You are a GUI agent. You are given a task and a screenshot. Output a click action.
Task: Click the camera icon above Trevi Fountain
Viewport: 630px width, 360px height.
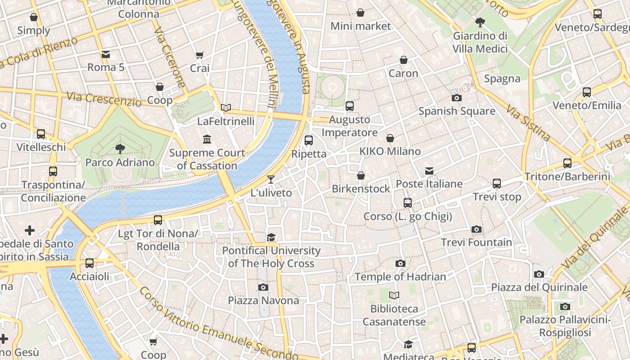[477, 229]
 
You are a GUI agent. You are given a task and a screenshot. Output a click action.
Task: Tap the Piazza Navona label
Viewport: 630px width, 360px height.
[263, 300]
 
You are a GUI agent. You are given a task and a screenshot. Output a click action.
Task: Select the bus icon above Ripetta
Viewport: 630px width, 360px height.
[309, 140]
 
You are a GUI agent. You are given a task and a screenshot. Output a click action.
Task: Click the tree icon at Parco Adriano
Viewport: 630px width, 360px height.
[120, 149]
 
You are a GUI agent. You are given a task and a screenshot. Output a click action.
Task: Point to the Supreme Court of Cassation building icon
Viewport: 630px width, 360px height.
[207, 139]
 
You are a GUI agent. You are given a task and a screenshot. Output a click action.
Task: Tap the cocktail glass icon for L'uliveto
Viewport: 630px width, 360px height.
[270, 180]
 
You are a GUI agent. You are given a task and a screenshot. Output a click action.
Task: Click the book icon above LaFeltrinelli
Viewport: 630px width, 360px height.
[226, 108]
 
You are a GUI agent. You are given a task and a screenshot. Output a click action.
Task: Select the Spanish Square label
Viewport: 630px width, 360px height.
[457, 111]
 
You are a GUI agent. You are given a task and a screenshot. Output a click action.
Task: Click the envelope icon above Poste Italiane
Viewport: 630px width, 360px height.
[429, 171]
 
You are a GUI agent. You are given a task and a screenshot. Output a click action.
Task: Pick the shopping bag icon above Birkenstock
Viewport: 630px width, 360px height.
[361, 175]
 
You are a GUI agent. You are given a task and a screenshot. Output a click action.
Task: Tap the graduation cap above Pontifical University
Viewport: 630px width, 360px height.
[271, 238]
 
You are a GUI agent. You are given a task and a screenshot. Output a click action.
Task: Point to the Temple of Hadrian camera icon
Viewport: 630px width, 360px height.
[400, 264]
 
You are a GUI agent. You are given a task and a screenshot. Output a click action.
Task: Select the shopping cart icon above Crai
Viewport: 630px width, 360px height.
[200, 55]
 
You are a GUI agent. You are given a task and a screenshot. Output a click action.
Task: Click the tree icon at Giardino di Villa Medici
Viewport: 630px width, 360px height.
[480, 22]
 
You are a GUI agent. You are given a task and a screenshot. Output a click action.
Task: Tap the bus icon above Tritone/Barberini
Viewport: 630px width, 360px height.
[567, 163]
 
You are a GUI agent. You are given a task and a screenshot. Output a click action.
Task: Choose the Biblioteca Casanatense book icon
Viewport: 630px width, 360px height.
[394, 296]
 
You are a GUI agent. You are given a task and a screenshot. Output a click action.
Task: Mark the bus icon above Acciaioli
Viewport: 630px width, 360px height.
[90, 263]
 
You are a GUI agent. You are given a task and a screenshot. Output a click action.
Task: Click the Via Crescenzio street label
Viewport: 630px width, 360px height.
[103, 99]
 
